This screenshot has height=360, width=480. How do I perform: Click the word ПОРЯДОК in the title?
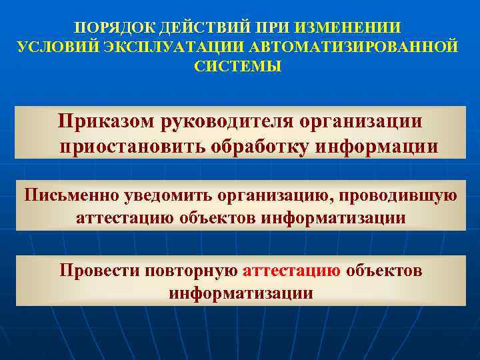coord(109,28)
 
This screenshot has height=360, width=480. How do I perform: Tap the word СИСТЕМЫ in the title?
coord(238,67)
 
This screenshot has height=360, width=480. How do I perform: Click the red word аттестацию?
coord(292,271)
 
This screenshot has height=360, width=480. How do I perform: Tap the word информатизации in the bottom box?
coord(241,292)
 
